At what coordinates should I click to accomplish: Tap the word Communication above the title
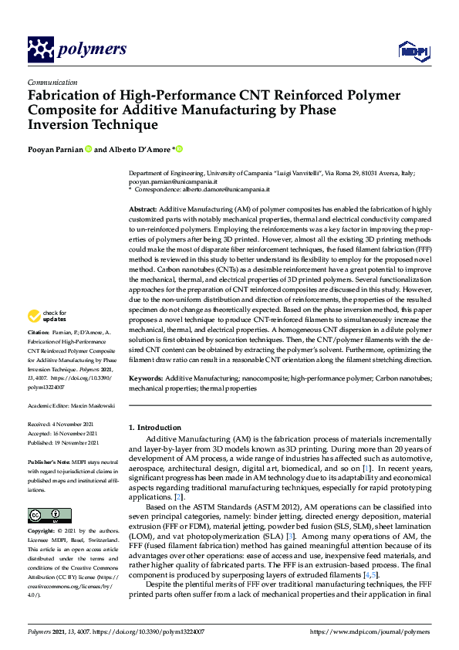click(52, 82)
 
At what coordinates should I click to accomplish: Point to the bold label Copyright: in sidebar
click(42, 532)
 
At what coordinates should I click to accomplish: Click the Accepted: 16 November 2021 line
click(62, 434)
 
